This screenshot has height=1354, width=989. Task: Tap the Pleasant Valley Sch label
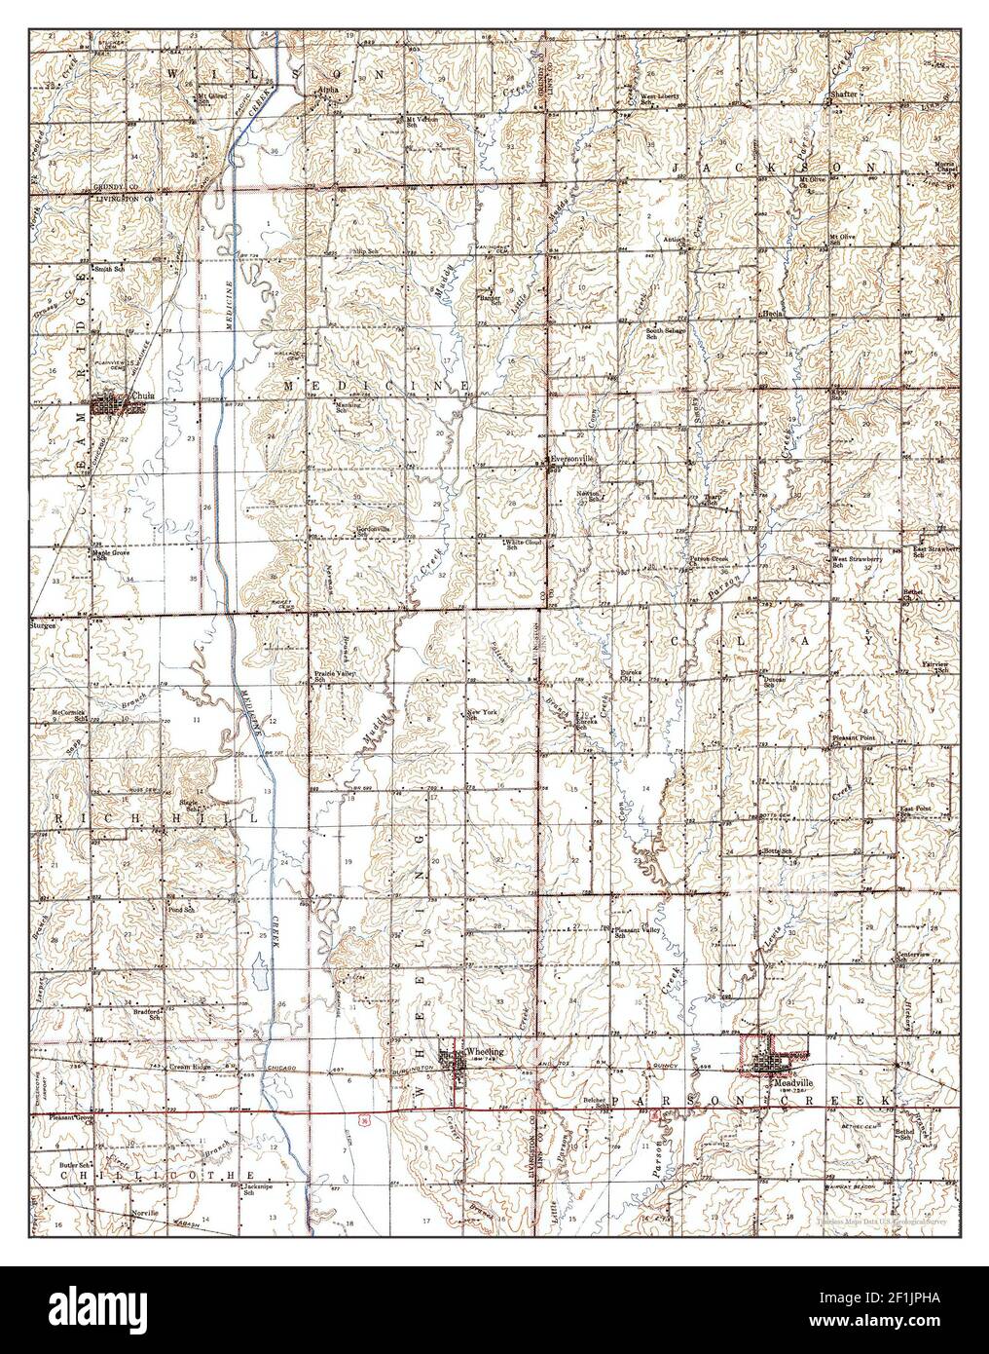click(x=638, y=932)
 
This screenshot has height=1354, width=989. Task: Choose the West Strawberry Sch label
click(x=856, y=562)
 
